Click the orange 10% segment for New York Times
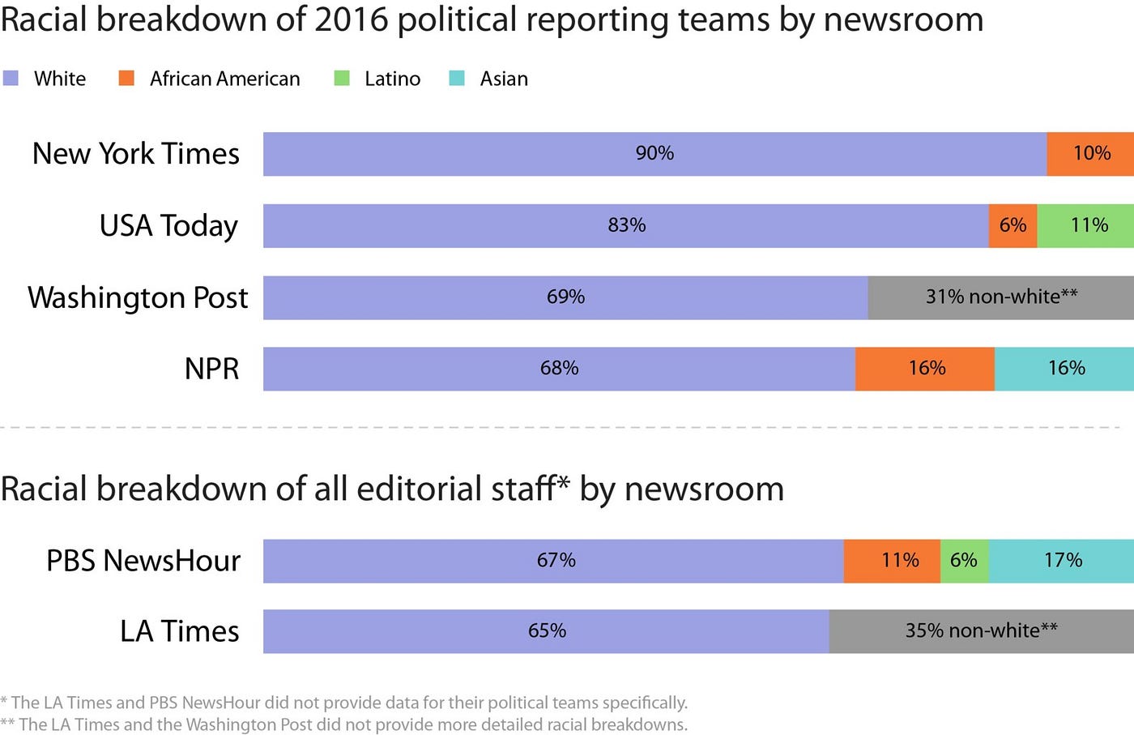tap(1090, 154)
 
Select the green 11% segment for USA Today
tap(1085, 225)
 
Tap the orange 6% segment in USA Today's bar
tap(1013, 225)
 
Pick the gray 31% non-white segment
tap(1000, 297)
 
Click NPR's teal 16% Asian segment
tap(1064, 369)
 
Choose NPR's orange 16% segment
tap(925, 369)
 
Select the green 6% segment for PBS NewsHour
tap(964, 561)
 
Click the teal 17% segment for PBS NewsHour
tap(1061, 561)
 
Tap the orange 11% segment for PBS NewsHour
tap(892, 561)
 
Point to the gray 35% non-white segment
tap(981, 631)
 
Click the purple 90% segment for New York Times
tap(654, 154)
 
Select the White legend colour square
tap(11, 79)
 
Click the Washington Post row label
tap(138, 297)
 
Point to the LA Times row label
tap(179, 631)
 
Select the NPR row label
tap(211, 369)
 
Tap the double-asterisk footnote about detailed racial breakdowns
tap(344, 724)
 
